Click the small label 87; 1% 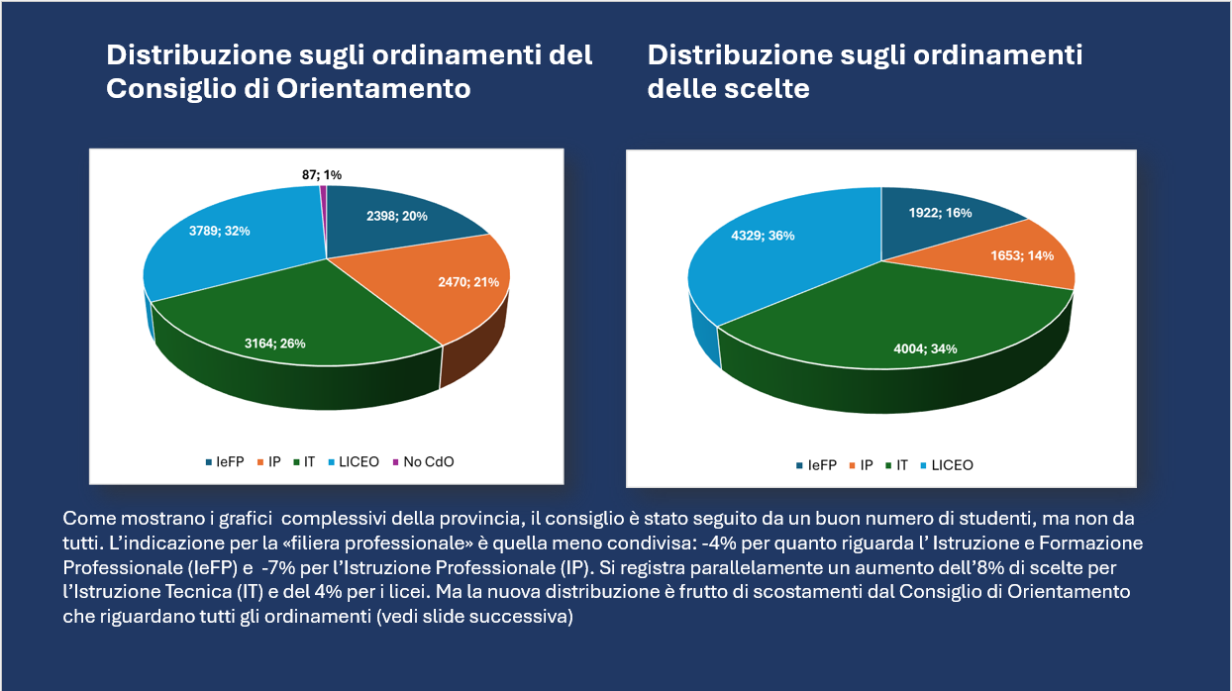(x=322, y=174)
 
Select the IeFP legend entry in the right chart (x=821, y=465)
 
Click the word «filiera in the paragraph (x=286, y=543)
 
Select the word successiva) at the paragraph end (x=536, y=616)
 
